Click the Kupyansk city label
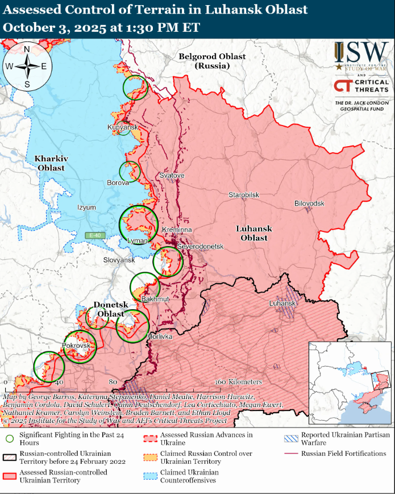tap(123, 127)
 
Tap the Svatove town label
tap(172, 176)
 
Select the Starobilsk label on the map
tap(244, 195)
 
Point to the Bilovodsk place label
tap(309, 204)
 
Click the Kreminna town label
tap(177, 229)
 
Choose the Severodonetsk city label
tap(201, 247)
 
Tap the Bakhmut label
tap(155, 299)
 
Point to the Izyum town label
tap(87, 207)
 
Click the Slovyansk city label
tap(119, 260)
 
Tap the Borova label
tap(118, 183)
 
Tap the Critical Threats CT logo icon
tap(343, 86)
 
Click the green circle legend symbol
tap(9, 438)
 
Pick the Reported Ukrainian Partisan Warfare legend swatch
tap(291, 438)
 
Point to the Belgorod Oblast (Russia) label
tap(212, 61)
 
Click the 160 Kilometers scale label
tap(239, 382)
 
